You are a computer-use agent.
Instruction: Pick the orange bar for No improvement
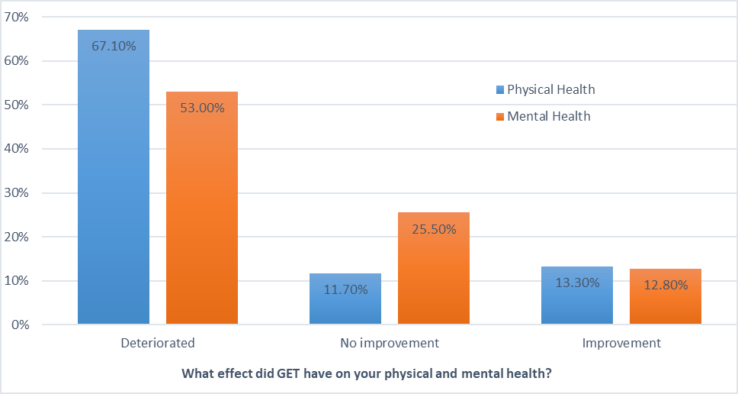pos(434,275)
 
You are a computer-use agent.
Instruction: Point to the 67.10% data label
pos(114,46)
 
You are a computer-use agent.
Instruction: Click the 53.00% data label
pos(202,108)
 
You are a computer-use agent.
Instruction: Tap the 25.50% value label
pos(434,228)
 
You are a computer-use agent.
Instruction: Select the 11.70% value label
pos(345,289)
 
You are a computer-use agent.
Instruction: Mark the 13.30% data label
pos(577,282)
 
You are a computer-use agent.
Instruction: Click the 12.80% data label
pos(666,285)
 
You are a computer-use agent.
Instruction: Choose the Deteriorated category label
pos(158,343)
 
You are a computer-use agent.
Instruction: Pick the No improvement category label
pos(390,343)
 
